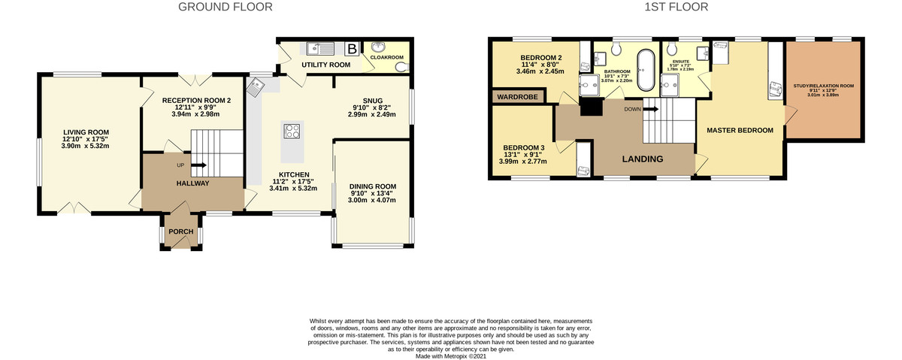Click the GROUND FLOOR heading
[225, 8]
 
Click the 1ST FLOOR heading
[676, 8]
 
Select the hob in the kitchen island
[292, 132]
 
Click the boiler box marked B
[352, 50]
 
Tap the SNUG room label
[372, 101]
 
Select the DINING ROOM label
[373, 186]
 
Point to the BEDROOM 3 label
[524, 147]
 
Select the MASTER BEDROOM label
[740, 130]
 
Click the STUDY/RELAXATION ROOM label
[824, 86]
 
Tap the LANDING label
[641, 159]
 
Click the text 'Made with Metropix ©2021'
[450, 355]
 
